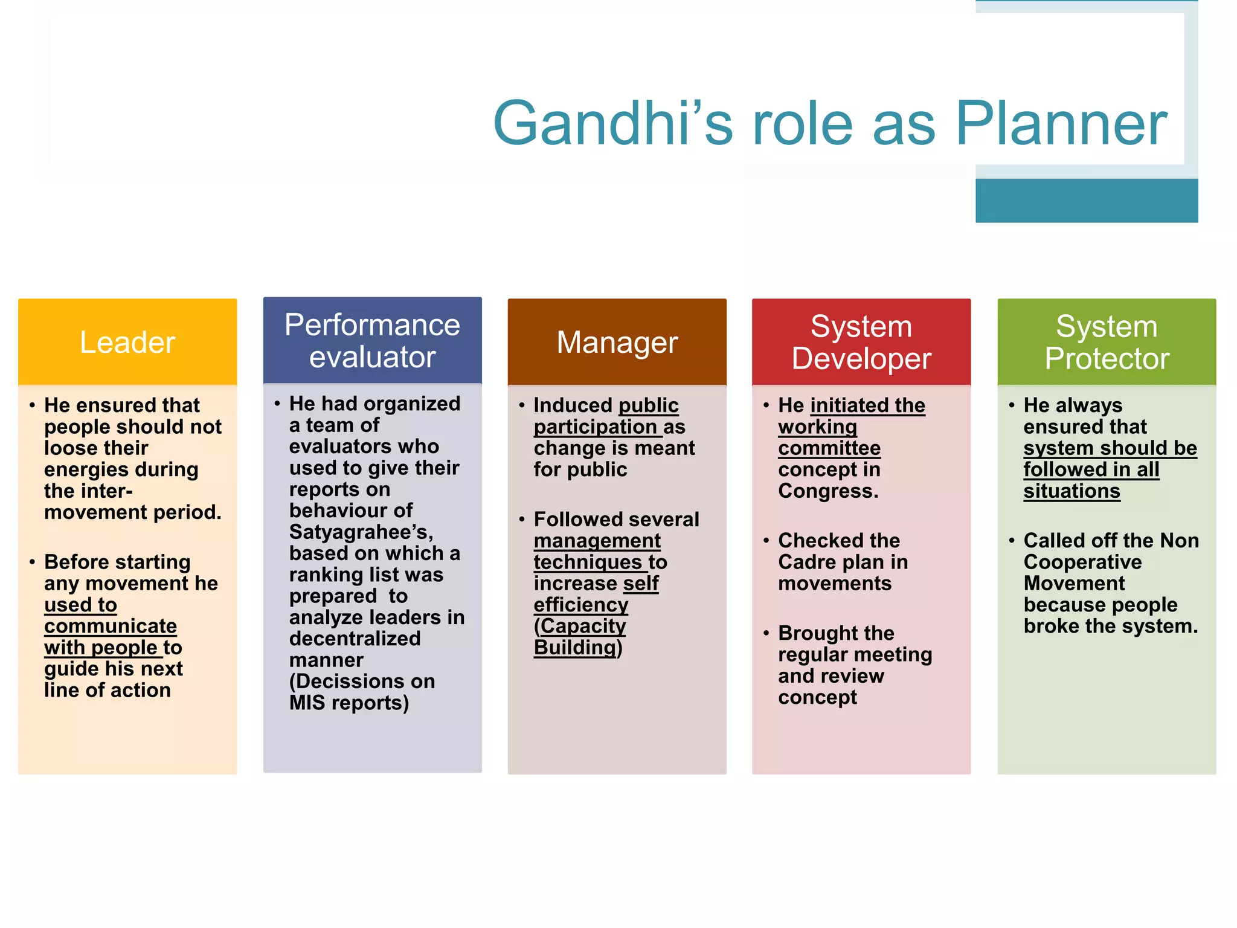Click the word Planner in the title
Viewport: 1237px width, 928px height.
click(x=1061, y=123)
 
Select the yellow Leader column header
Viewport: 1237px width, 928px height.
click(x=127, y=342)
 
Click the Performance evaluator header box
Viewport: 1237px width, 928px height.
click(x=372, y=341)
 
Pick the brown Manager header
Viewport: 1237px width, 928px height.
click(x=617, y=342)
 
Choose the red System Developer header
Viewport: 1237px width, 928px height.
click(x=861, y=342)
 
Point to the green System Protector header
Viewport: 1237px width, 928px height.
click(x=1107, y=342)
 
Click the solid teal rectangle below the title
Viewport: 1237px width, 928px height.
click(x=1086, y=201)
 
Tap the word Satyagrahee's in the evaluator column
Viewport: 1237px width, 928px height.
click(x=361, y=532)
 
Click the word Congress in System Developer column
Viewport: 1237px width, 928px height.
click(x=827, y=491)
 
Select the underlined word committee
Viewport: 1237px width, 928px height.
click(x=829, y=448)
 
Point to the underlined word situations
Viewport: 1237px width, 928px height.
click(x=1072, y=491)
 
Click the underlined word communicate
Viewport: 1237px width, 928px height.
click(x=111, y=626)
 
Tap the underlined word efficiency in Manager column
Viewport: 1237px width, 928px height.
click(x=581, y=605)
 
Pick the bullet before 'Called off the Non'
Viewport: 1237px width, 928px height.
click(x=1011, y=541)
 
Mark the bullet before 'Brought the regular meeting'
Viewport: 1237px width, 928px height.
click(x=766, y=633)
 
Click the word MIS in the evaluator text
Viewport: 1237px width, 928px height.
click(x=307, y=703)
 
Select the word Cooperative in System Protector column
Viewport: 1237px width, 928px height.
click(x=1082, y=562)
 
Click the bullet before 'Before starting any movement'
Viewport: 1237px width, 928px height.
click(x=32, y=562)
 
